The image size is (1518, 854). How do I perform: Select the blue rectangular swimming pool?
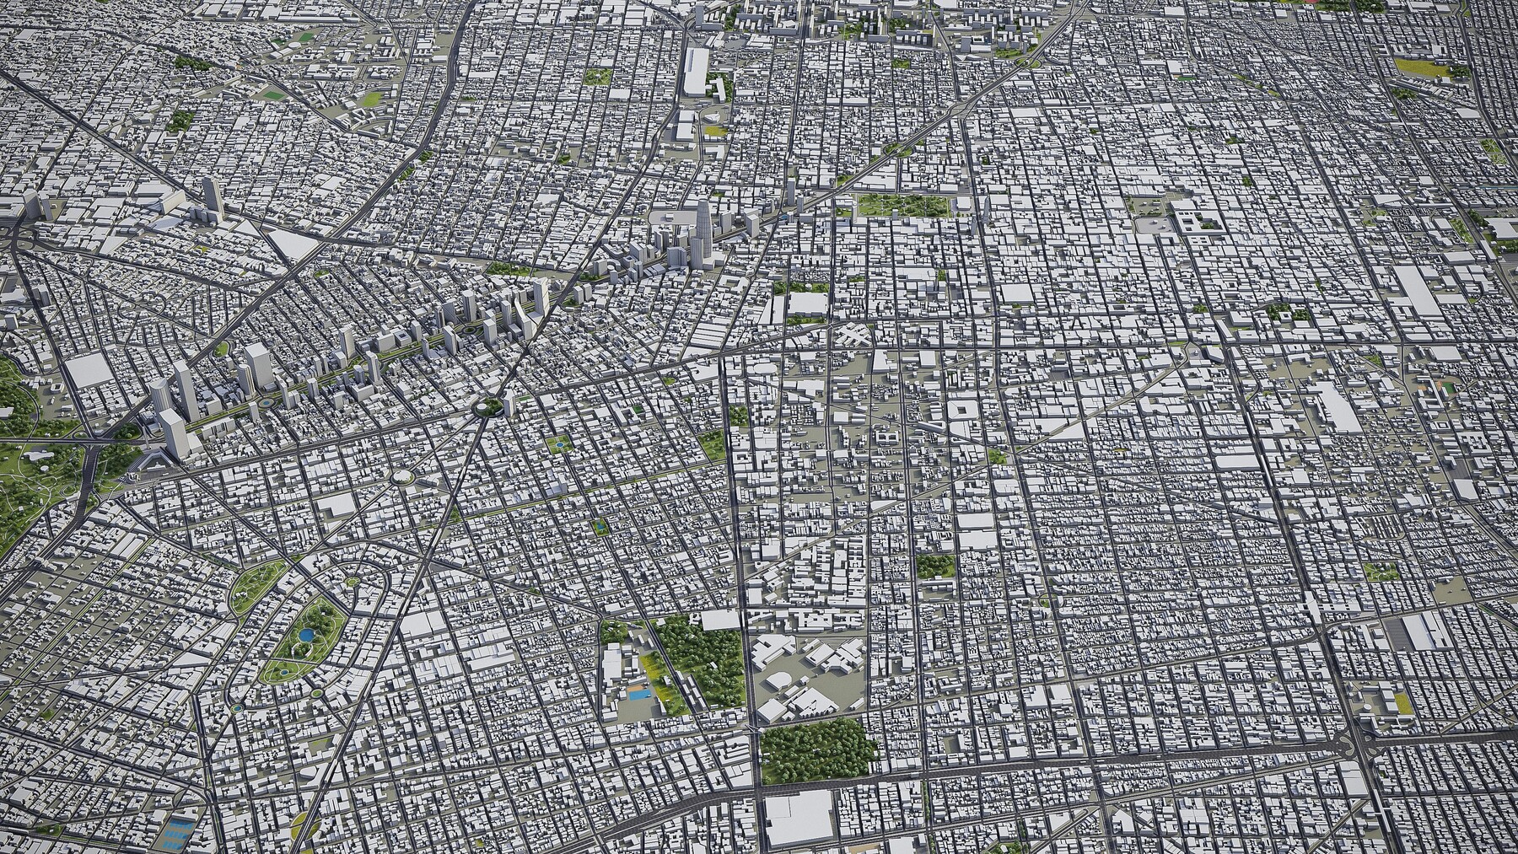(638, 696)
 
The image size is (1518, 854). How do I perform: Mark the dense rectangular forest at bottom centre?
(816, 749)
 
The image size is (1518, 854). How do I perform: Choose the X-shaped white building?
(854, 336)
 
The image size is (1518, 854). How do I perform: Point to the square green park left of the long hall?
(597, 77)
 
